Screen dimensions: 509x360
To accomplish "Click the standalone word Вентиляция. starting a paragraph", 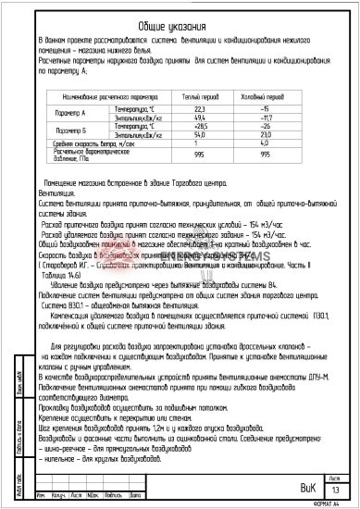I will (x=57, y=193).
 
